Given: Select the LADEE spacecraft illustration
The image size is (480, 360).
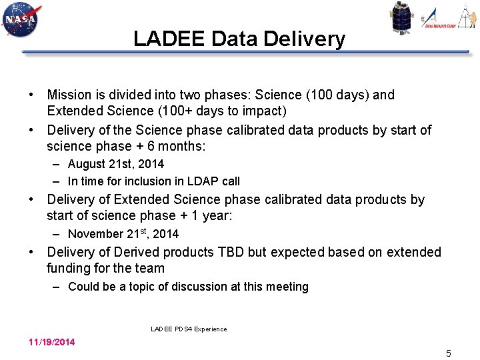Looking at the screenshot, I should point(402,18).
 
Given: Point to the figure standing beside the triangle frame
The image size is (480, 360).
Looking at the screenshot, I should point(465,16).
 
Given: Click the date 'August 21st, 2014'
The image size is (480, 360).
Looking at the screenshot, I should point(116,164).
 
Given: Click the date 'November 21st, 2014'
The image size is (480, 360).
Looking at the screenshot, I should point(123,233).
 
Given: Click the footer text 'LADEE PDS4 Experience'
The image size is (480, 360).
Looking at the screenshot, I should point(189,329).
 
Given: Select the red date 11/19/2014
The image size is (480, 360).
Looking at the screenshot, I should point(51,342).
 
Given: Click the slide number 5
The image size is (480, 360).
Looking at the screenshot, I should point(449,353).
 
